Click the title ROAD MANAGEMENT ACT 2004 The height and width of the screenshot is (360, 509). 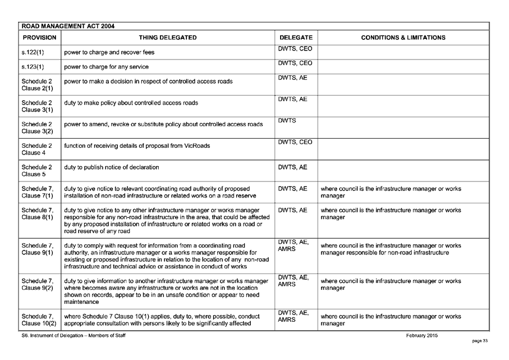[67, 26]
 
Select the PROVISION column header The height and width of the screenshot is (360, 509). [39, 38]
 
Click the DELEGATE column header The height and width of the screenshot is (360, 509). [296, 38]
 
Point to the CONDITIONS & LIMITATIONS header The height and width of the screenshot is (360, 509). [403, 38]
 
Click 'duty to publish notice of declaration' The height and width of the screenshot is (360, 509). [112, 167]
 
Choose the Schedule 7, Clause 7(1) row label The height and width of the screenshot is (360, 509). [38, 192]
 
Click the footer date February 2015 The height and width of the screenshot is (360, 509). [422, 336]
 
